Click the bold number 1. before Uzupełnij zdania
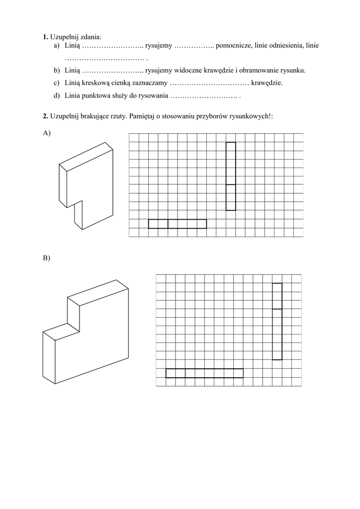click(45, 37)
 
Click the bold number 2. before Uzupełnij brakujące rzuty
click(45, 116)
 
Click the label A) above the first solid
click(47, 133)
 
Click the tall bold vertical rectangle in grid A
click(231, 176)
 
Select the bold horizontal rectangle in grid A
click(178, 224)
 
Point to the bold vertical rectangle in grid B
click(277, 321)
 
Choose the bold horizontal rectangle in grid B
click(204, 373)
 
